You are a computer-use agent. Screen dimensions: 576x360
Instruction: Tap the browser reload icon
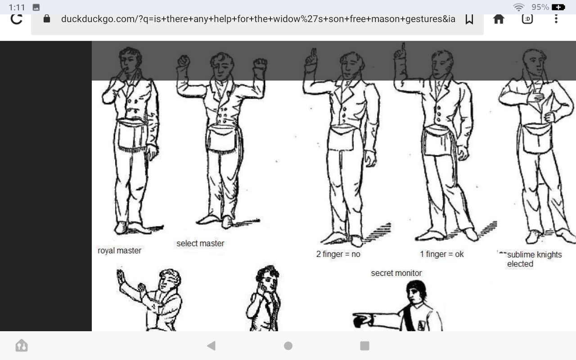(17, 19)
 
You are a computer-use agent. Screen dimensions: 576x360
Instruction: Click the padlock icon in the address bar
(46, 19)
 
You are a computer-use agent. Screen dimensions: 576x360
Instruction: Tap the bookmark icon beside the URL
(469, 19)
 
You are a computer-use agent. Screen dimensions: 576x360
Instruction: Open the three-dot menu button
(556, 19)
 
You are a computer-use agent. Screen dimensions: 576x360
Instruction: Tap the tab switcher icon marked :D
(527, 19)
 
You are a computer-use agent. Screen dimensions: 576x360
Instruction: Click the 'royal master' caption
(119, 251)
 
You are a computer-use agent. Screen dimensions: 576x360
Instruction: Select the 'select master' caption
(200, 243)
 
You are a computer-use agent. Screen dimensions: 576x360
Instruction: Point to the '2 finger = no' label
(338, 254)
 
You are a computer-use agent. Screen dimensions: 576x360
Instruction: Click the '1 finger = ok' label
(442, 254)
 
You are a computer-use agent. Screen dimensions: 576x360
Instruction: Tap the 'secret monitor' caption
(396, 273)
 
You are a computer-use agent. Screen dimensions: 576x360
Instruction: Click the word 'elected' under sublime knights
(520, 264)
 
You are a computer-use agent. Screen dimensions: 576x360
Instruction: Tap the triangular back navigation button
(211, 346)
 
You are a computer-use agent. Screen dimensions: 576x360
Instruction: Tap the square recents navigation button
(364, 346)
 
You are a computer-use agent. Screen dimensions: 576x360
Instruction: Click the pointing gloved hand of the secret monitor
(362, 320)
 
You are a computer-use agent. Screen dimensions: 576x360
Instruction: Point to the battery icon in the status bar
(558, 7)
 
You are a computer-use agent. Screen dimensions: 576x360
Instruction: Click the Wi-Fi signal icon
(519, 7)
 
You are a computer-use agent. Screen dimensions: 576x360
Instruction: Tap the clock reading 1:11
(17, 7)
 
